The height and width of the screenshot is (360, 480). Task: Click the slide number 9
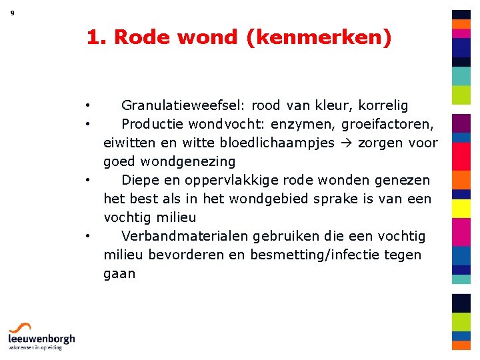tap(13, 13)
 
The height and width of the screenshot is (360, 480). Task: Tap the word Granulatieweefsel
tap(181, 105)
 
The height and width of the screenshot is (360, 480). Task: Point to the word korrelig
tap(383, 105)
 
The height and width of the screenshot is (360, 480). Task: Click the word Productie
tap(153, 124)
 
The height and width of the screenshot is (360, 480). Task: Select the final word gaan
tap(119, 274)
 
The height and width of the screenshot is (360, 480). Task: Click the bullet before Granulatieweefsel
tap(87, 106)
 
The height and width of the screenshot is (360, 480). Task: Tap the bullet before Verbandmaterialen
tap(87, 237)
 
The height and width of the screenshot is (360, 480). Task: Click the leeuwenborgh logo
tap(41, 336)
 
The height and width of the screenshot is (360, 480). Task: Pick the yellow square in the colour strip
tap(461, 209)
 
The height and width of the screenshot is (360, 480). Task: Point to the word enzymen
tap(305, 124)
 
